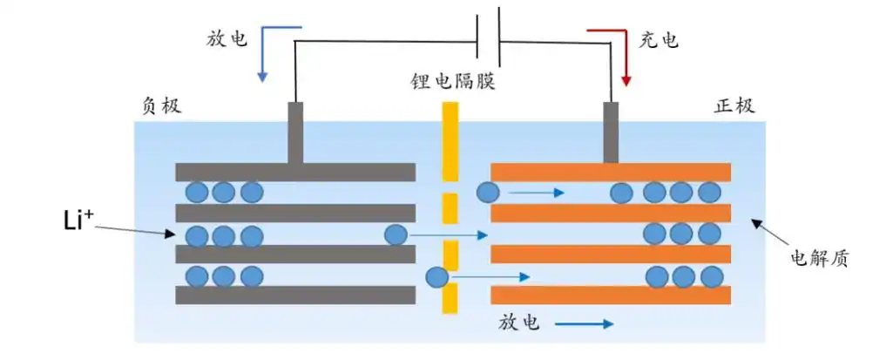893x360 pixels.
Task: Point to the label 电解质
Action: (818, 257)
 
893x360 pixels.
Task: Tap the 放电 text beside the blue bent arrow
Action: (227, 39)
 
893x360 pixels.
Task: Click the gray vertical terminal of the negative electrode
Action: (295, 132)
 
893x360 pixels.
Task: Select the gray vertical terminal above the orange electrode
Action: (611, 132)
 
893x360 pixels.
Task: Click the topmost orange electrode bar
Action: (611, 172)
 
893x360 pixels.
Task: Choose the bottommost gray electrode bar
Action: (295, 295)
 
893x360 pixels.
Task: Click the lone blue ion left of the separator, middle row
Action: (396, 234)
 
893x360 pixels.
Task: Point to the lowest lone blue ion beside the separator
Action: (436, 277)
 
